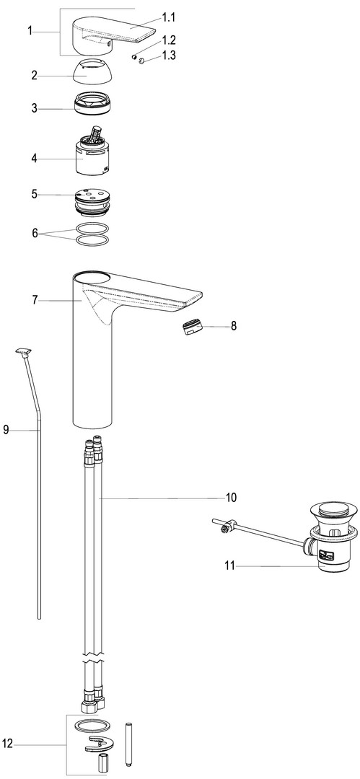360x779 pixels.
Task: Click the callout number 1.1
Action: point(169,18)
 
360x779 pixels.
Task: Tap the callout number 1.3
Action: point(169,55)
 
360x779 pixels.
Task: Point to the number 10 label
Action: point(231,497)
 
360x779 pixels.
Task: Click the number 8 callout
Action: point(234,326)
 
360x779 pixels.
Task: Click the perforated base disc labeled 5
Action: point(92,201)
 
